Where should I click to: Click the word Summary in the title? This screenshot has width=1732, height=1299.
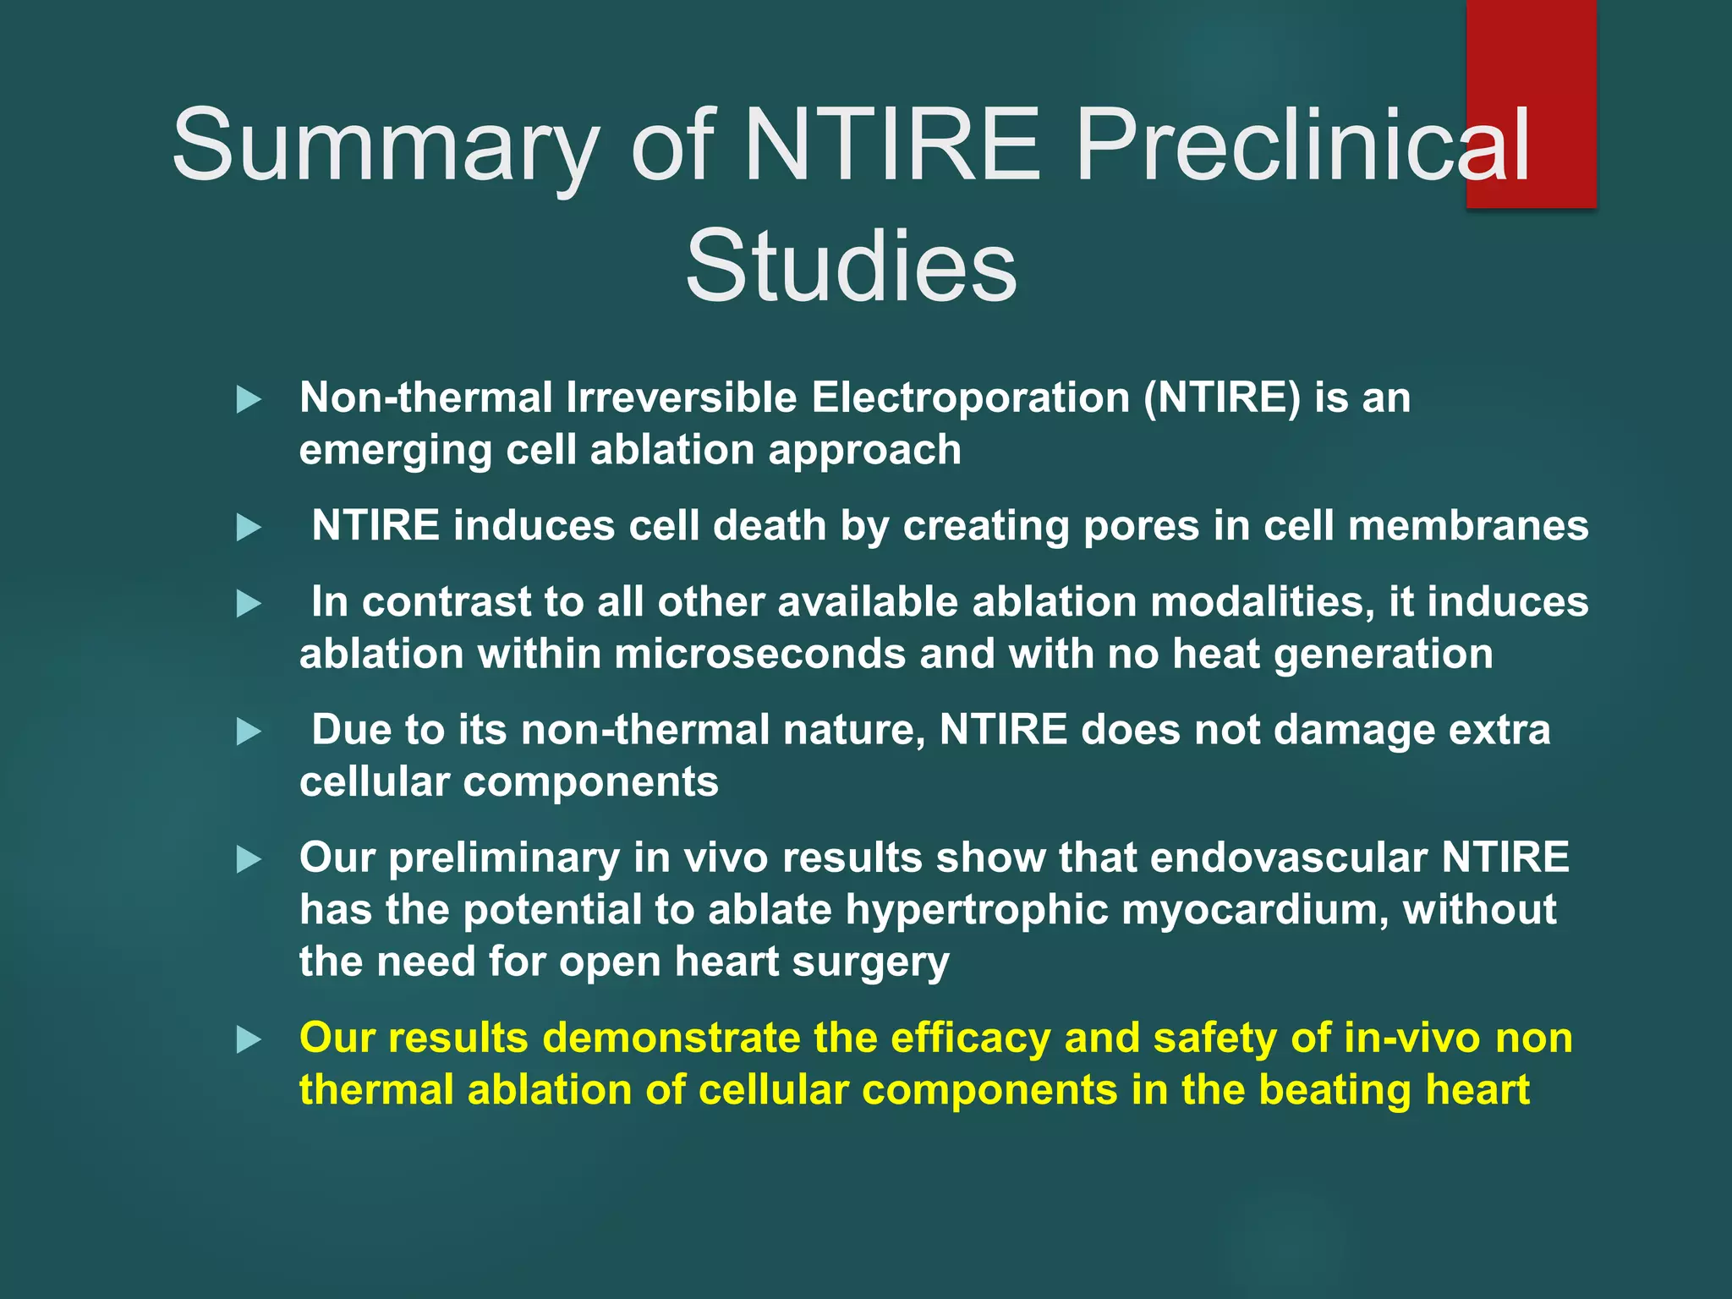385,145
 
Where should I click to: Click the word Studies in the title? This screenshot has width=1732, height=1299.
851,266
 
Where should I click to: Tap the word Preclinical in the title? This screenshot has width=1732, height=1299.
1302,145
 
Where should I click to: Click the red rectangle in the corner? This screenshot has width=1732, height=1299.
1531,51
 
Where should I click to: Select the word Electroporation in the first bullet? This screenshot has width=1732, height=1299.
970,397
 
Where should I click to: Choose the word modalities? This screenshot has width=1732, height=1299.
1263,602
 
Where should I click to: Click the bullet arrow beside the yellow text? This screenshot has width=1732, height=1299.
249,1039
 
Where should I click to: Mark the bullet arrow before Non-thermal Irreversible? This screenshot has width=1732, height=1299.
249,399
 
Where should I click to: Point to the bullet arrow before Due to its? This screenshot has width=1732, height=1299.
249,732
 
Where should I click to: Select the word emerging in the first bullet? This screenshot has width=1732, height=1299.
395,451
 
